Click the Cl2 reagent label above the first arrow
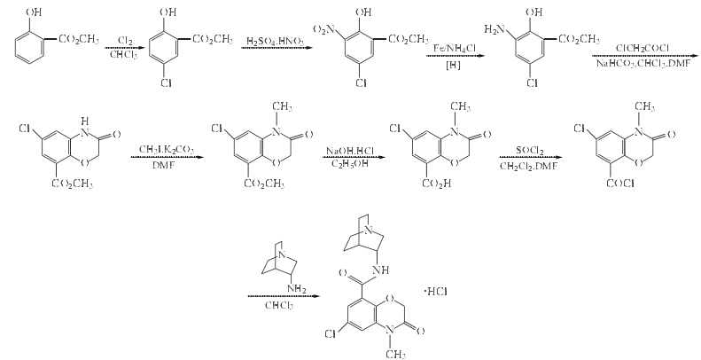tap(114, 42)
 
